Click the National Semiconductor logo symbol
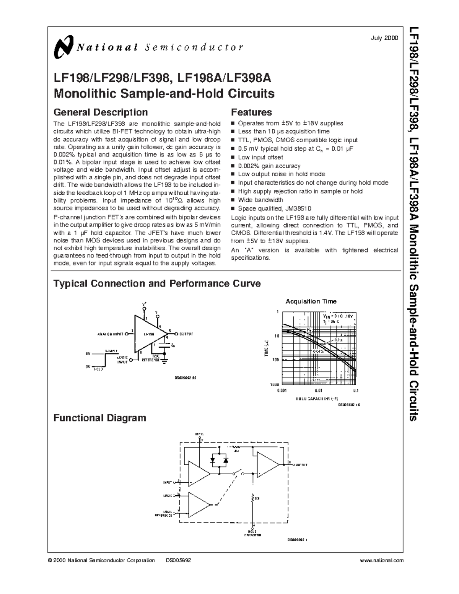(63, 47)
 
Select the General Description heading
(101, 112)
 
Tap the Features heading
(251, 112)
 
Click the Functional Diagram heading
(100, 418)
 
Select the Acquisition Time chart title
(311, 301)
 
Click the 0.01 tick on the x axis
(319, 391)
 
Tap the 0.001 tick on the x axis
(282, 391)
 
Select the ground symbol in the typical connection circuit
(165, 360)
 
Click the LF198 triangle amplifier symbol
(147, 334)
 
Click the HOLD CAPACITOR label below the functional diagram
(252, 533)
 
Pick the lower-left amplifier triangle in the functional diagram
(199, 504)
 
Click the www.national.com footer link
(382, 560)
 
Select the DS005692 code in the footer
(178, 560)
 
